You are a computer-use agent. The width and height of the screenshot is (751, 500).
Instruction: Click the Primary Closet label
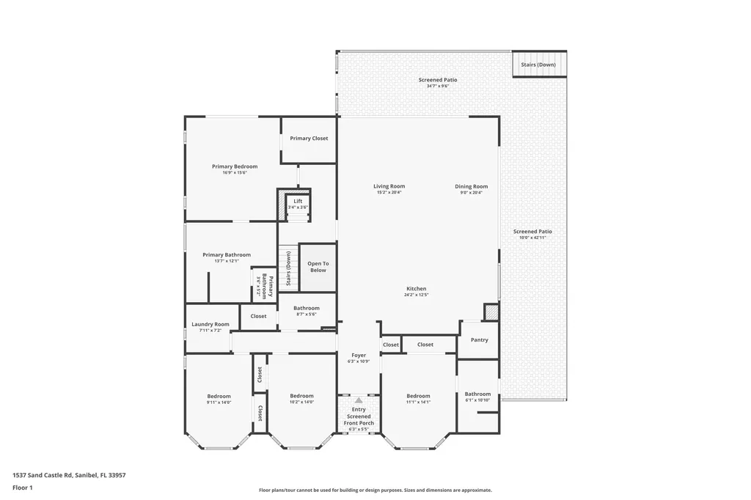[x=309, y=139]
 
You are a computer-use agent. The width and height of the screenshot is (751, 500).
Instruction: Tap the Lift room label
[x=298, y=201]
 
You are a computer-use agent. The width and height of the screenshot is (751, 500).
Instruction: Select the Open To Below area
[x=318, y=267]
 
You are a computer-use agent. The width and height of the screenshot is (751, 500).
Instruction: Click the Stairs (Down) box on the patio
[x=538, y=65]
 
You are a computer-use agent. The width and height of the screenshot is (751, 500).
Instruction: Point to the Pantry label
[x=479, y=340]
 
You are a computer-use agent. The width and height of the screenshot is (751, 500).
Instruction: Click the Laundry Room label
[x=210, y=324]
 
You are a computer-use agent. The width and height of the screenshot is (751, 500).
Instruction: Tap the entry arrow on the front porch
[x=359, y=400]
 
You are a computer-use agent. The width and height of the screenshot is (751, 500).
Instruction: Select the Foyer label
[x=359, y=356]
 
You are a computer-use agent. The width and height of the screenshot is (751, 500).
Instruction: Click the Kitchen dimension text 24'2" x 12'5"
[x=416, y=295]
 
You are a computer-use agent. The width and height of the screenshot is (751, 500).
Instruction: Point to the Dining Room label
[x=471, y=186]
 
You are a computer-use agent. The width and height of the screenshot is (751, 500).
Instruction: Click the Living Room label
[x=389, y=186]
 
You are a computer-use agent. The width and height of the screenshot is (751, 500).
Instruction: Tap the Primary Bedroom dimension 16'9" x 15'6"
[x=235, y=173]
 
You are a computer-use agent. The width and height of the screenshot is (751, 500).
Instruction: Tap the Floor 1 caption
[x=23, y=487]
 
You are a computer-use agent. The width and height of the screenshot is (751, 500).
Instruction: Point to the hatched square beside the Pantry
[x=491, y=312]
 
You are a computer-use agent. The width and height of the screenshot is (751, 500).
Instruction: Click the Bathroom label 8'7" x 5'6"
[x=307, y=309]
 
